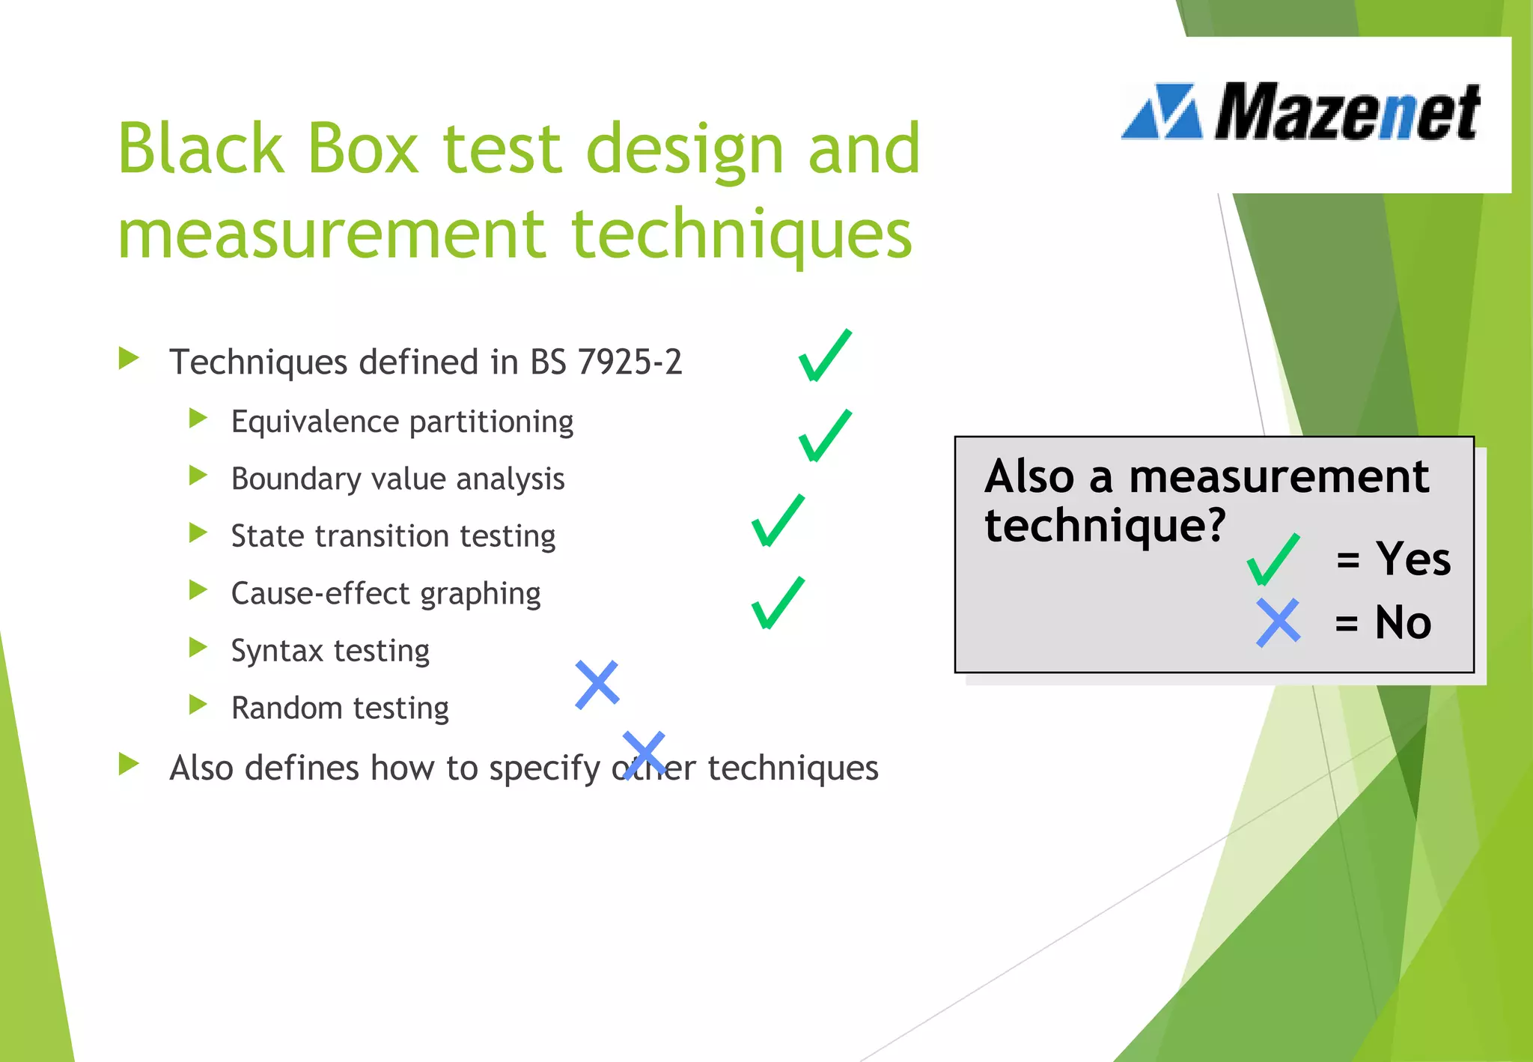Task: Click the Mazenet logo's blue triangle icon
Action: (x=1162, y=112)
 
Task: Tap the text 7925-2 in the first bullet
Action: (x=630, y=362)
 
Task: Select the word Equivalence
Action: (x=314, y=422)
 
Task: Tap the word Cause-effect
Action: (x=320, y=593)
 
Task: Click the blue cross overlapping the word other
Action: (x=644, y=754)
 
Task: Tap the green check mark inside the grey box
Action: (x=1273, y=559)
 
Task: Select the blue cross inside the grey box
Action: (x=1278, y=622)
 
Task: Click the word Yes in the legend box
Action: (x=1413, y=559)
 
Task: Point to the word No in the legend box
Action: (x=1403, y=622)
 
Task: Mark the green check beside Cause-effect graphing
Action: (x=778, y=603)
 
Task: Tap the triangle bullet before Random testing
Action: (x=198, y=705)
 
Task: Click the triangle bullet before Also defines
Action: (x=129, y=764)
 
